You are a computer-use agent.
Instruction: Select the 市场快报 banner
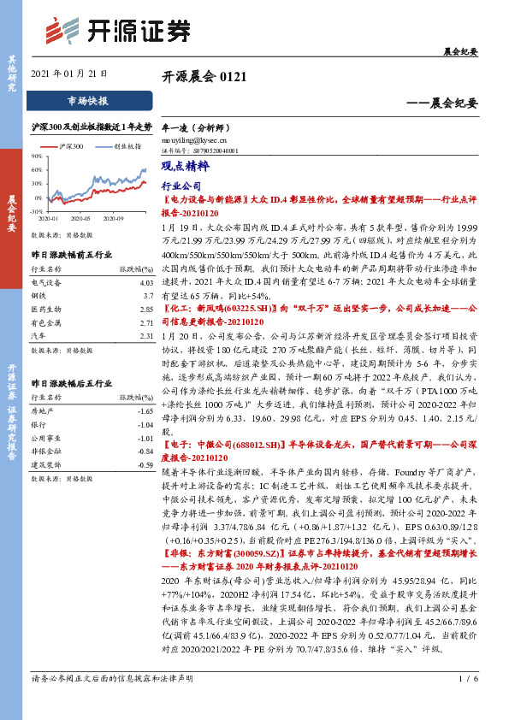tap(87, 101)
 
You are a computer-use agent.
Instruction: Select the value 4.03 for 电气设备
tap(145, 281)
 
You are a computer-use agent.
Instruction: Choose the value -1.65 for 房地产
tap(145, 411)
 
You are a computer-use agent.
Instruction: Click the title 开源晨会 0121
tap(204, 77)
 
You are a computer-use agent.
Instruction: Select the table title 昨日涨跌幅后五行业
tap(70, 385)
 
